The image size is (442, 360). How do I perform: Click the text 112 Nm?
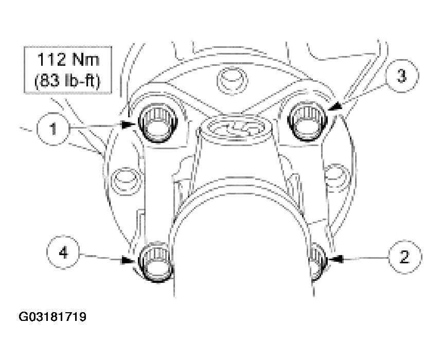tap(69, 61)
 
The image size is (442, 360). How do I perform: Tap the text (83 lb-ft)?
tap(69, 81)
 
